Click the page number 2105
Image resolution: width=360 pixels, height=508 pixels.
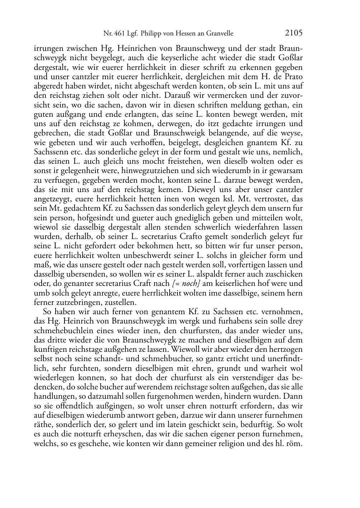point(294,33)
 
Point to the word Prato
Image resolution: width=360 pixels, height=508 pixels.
point(293,77)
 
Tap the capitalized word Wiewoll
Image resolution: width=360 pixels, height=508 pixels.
point(184,349)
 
